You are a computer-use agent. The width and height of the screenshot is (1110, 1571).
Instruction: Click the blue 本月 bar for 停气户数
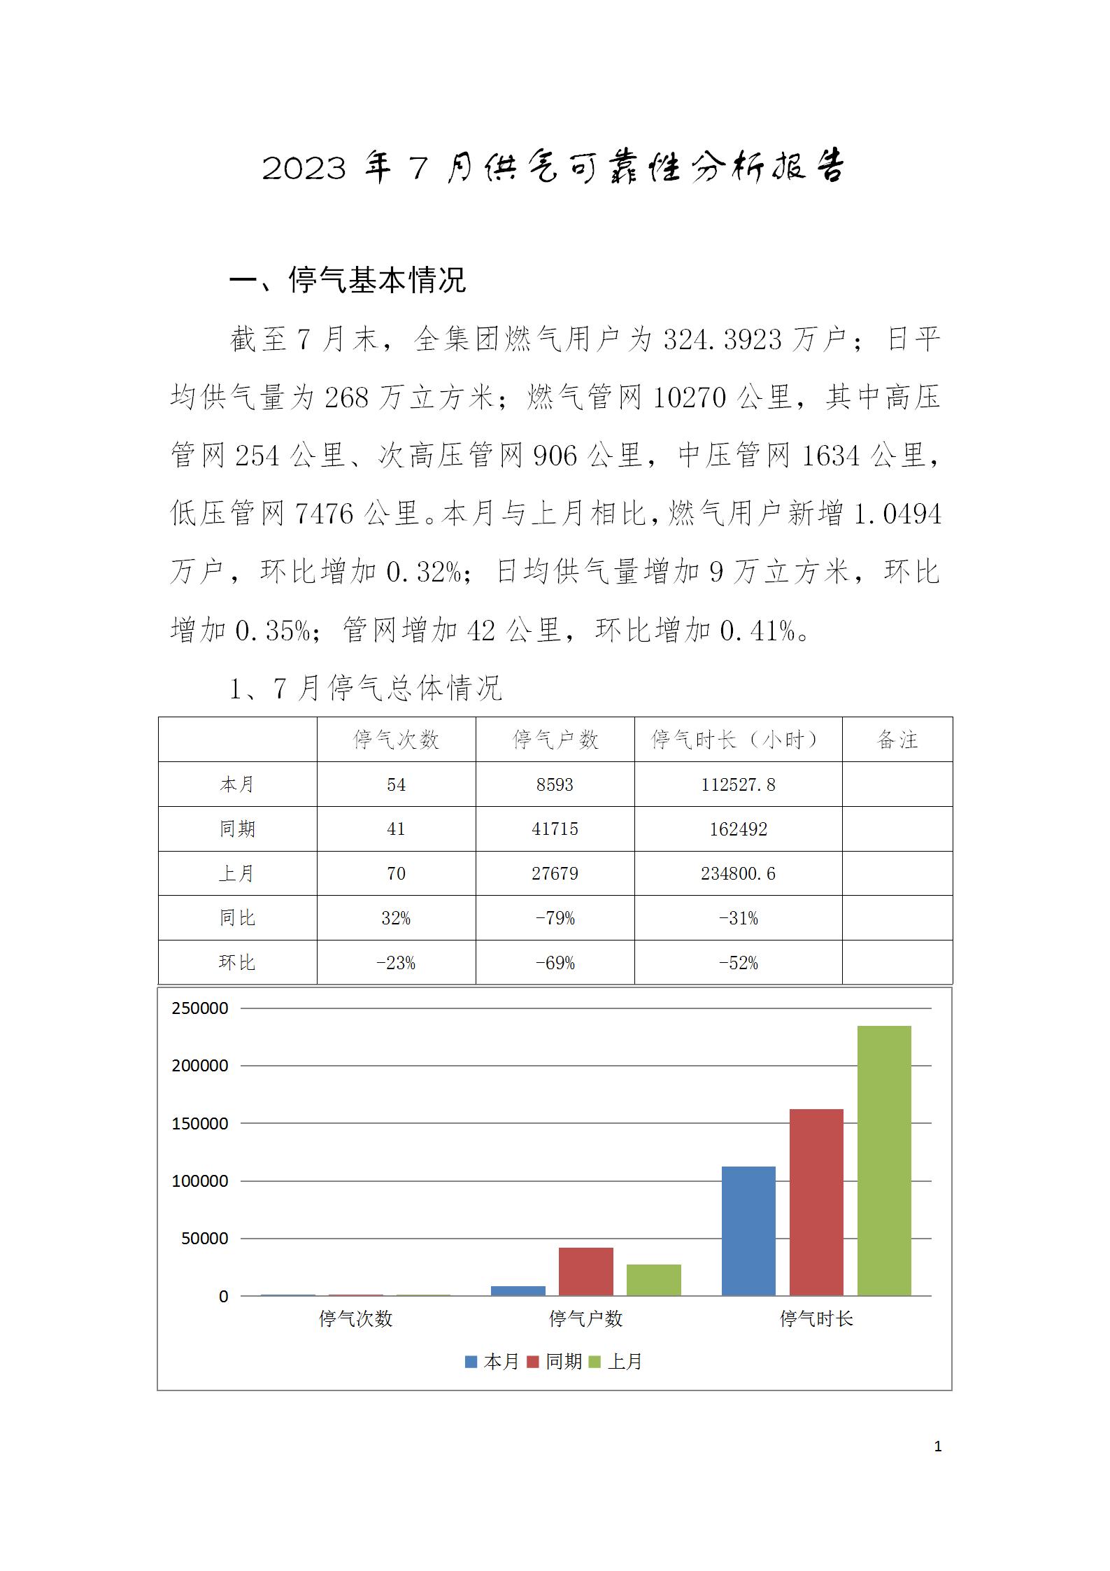tap(518, 1290)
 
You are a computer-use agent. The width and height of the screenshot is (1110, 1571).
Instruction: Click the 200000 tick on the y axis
tap(200, 1066)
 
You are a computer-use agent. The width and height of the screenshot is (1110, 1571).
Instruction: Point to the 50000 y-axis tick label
tap(204, 1238)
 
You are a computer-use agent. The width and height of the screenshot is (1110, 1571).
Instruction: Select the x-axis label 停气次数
tap(356, 1318)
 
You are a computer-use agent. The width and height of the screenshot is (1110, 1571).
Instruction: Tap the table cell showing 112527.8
tap(738, 784)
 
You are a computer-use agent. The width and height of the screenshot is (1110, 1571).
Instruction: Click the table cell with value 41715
tap(555, 829)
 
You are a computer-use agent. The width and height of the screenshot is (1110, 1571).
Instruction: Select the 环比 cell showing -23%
tap(396, 963)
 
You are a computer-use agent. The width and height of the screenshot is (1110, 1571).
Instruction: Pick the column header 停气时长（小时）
tap(738, 740)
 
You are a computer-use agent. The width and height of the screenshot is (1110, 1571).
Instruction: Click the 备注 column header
tap(897, 740)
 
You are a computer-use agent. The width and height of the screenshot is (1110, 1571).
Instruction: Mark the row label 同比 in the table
tap(237, 918)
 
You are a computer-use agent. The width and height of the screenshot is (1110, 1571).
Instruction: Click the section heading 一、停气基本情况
tap(348, 281)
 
